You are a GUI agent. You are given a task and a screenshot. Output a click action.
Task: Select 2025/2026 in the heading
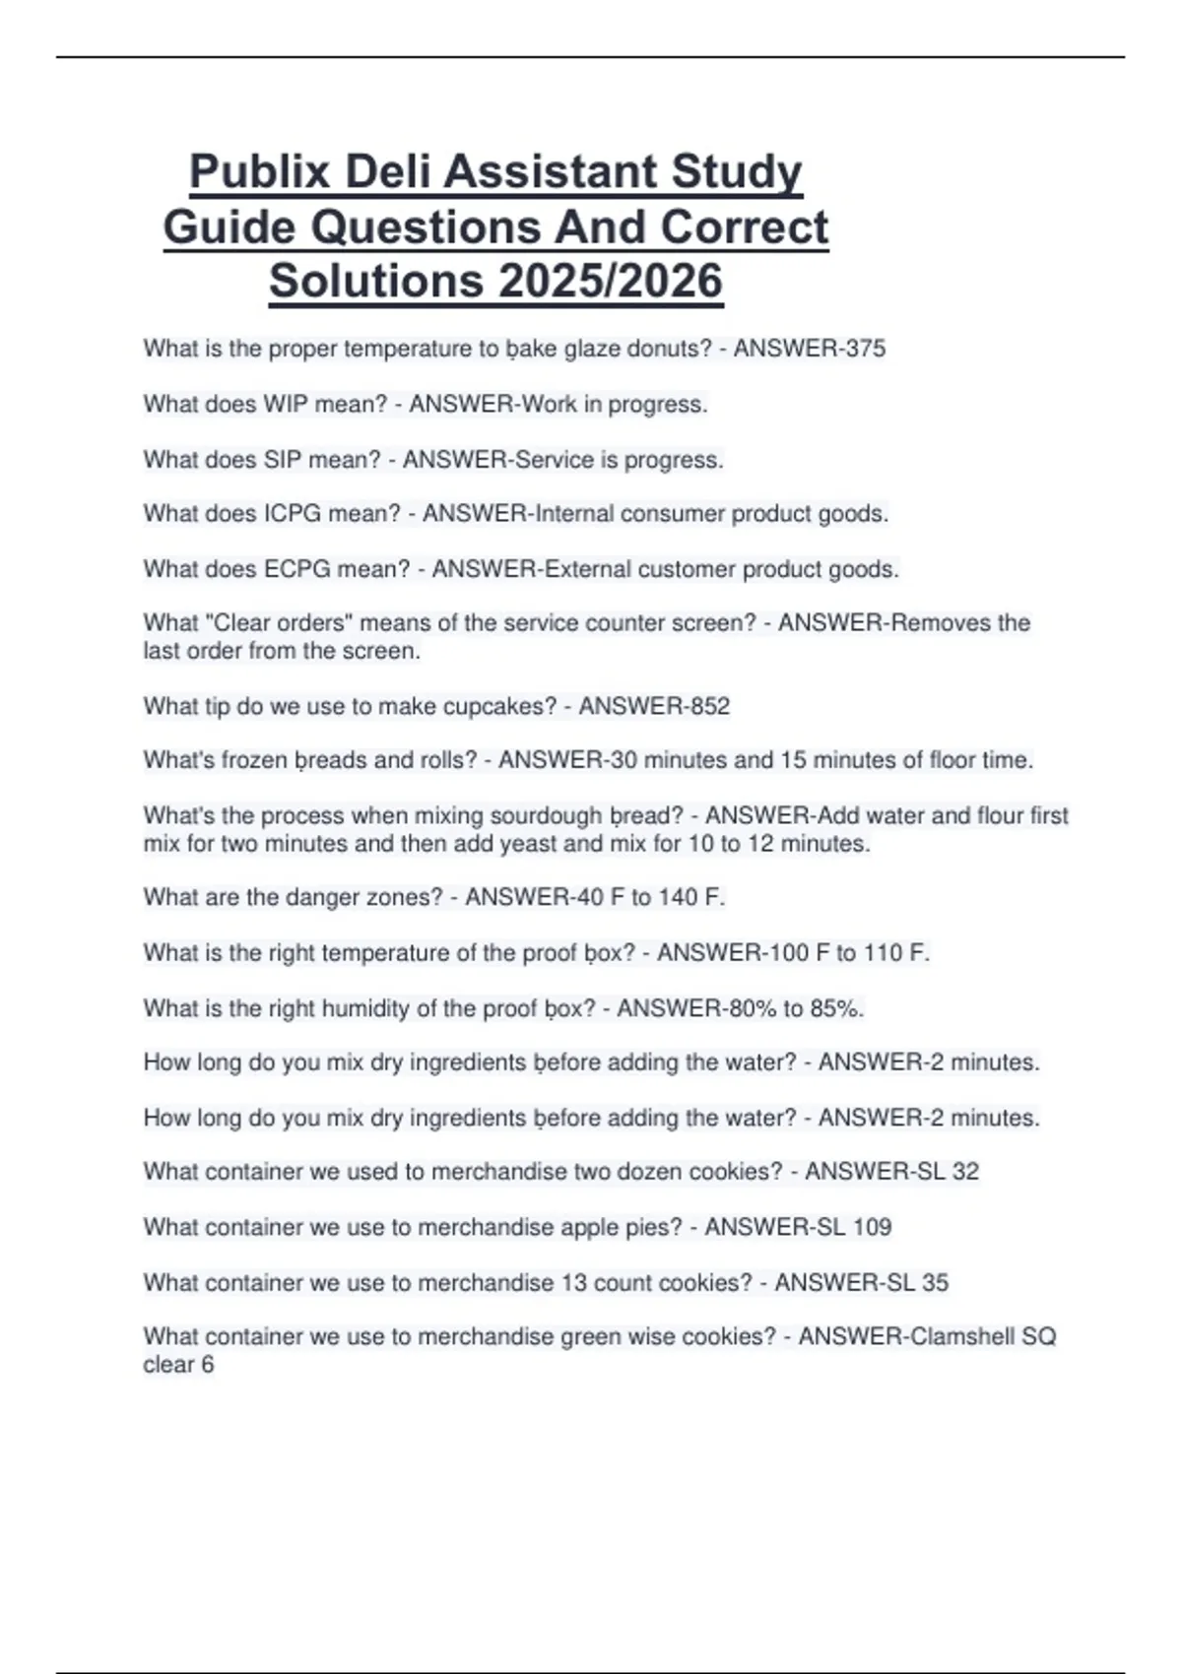(611, 281)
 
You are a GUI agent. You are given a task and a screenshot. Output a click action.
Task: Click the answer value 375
(864, 349)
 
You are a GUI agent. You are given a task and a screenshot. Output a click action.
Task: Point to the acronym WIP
(286, 404)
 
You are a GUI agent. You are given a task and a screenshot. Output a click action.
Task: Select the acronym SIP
(282, 460)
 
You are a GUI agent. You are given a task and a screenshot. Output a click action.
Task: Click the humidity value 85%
(837, 1008)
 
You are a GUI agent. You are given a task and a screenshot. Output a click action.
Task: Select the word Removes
(946, 623)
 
